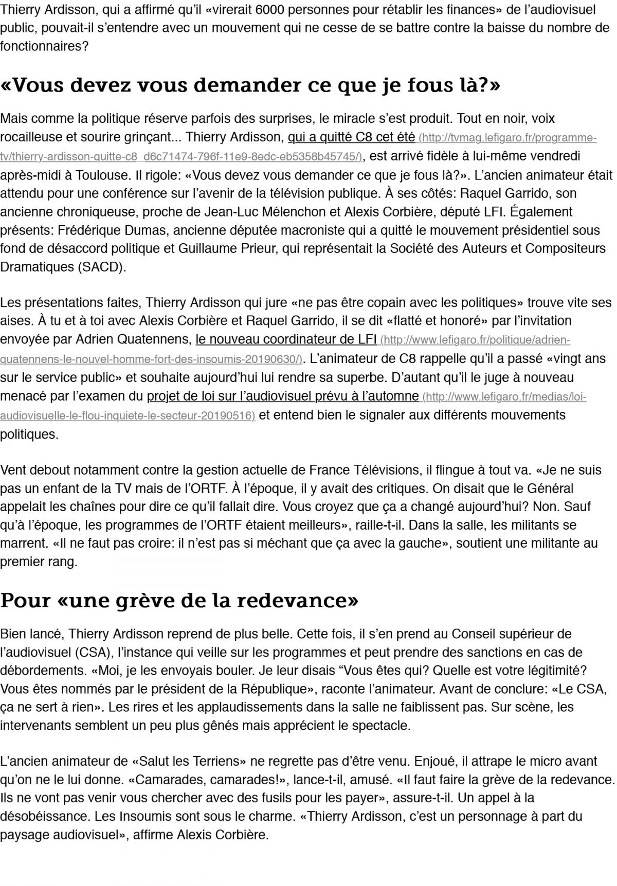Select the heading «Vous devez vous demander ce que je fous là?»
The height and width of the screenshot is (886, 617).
pos(250,85)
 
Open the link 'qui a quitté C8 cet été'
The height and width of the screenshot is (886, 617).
pos(351,137)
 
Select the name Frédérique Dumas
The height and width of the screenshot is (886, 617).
pos(109,230)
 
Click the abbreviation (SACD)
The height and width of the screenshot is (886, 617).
pos(101,267)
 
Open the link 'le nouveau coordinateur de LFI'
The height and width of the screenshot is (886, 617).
pos(286,340)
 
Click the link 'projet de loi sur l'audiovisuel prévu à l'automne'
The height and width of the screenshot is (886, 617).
pos(283,396)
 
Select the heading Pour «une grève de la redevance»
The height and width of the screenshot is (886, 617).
pos(179,601)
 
